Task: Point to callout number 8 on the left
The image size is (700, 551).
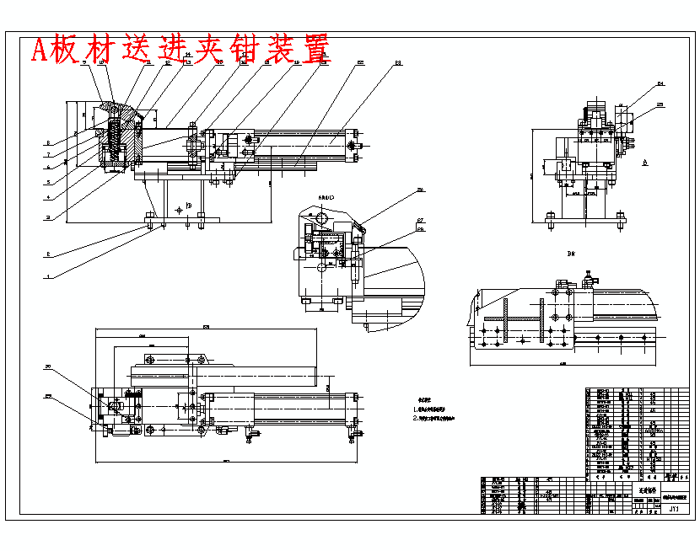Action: coord(49,142)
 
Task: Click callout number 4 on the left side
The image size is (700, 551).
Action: coord(49,197)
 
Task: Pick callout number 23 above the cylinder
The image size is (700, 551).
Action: coord(398,63)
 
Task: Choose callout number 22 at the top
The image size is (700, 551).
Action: coord(360,63)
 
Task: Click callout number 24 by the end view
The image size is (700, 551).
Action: coord(660,84)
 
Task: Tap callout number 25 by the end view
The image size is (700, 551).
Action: coord(660,104)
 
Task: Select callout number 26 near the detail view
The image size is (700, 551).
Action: coord(420,190)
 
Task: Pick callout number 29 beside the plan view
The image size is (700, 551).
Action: coord(49,397)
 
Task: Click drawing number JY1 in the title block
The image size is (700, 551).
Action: coord(674,509)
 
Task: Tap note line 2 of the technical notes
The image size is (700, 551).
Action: coord(435,417)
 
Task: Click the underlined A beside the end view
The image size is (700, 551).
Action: coord(643,160)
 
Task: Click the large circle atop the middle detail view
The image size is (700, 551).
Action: coord(321,216)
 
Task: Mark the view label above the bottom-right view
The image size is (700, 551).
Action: coord(571,253)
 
